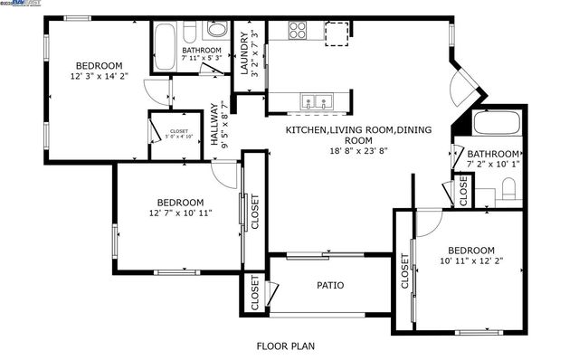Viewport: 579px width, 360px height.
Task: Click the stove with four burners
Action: point(299,31)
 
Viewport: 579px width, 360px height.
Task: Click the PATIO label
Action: point(329,285)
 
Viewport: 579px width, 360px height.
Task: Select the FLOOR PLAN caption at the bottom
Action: point(286,346)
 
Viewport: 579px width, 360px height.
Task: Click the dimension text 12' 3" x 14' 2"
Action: point(99,77)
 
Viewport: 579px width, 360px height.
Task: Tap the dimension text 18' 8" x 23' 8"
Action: point(358,153)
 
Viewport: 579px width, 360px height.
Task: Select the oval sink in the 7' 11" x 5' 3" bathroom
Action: point(214,31)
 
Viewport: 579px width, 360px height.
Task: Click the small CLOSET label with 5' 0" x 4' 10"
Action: point(179,135)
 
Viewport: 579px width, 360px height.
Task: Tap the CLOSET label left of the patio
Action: point(255,293)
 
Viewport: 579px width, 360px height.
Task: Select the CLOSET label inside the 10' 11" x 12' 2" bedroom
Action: point(403,269)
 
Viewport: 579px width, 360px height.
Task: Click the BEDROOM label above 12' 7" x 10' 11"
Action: point(180,202)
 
